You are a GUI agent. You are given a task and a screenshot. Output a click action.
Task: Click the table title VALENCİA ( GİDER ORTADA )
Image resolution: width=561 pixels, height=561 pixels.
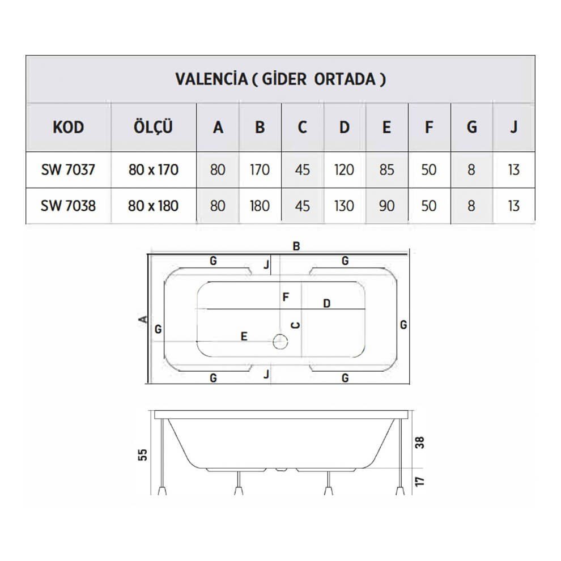[x=280, y=79]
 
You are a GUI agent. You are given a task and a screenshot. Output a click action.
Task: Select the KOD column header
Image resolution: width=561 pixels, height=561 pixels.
[x=69, y=127]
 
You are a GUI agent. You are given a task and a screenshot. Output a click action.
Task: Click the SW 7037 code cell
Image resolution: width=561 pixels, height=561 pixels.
[x=68, y=169]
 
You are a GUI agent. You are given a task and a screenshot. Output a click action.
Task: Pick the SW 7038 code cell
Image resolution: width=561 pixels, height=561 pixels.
[x=68, y=206]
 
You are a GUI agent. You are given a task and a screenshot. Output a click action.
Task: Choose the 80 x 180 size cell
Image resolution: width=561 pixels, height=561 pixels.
[x=153, y=206]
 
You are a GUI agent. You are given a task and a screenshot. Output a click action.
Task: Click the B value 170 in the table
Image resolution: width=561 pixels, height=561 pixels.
[x=260, y=169]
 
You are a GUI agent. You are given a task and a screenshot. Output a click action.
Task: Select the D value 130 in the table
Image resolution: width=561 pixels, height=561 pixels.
[x=344, y=206]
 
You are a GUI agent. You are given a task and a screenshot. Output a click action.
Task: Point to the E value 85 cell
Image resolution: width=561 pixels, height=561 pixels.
[x=387, y=169]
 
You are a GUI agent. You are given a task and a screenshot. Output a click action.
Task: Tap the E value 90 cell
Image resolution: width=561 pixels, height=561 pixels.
[x=387, y=206]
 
